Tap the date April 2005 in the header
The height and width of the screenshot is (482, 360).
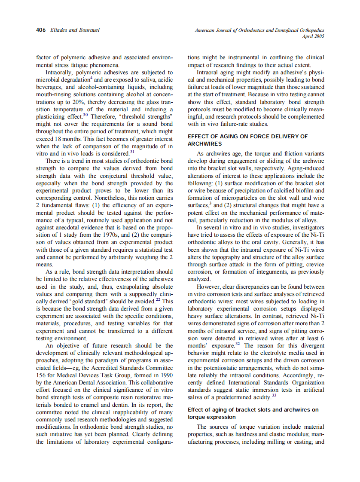313,37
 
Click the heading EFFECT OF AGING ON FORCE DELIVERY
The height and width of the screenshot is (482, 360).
248,137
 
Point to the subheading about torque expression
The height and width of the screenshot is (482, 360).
253,413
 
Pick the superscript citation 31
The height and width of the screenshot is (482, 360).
132,151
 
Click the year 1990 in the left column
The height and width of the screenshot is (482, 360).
165,375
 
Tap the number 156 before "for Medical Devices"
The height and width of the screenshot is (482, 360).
41,375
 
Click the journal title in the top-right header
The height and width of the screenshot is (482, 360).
259,31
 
